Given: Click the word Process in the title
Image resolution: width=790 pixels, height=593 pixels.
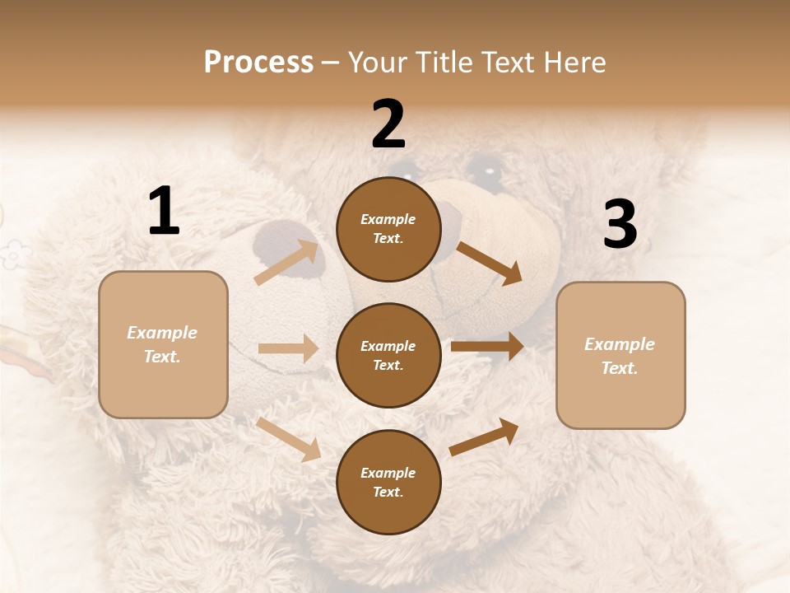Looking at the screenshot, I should pos(258,63).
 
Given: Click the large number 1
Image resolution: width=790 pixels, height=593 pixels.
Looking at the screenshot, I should pos(164,212).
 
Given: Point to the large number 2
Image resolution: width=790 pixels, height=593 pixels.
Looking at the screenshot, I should pos(388,124).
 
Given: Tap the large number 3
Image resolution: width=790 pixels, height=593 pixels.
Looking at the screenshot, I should pos(620,225).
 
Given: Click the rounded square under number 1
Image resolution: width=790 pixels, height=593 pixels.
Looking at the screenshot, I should pos(163,344).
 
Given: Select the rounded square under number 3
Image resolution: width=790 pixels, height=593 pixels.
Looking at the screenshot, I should pos(620,356).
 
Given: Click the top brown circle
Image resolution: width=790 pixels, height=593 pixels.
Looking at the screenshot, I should pos(388,229).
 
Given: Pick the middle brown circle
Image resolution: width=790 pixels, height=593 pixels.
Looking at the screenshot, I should pos(388,355).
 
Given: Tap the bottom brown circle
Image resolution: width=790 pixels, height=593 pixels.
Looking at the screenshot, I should pos(388,482).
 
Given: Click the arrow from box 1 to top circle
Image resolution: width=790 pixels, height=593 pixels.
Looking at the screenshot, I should pos(286,262).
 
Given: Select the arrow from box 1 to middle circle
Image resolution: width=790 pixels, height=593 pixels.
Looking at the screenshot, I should pos(288,348).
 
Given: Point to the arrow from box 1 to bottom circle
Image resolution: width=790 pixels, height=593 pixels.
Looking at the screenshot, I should pos(288,439).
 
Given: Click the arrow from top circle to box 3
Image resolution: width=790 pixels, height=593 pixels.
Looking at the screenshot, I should pos(489,263).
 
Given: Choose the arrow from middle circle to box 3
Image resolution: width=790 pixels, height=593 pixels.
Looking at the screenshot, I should pos(487,347).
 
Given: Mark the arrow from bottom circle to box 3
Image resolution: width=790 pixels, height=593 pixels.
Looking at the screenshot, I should pos(484,437).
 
